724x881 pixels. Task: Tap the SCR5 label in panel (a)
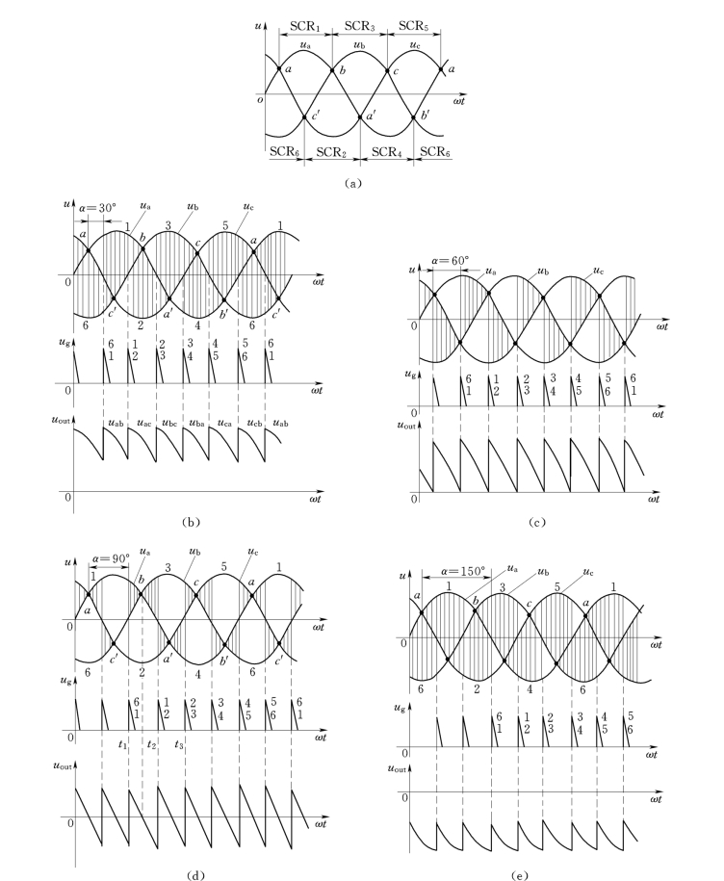coord(413,23)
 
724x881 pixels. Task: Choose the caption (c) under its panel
coord(537,522)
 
